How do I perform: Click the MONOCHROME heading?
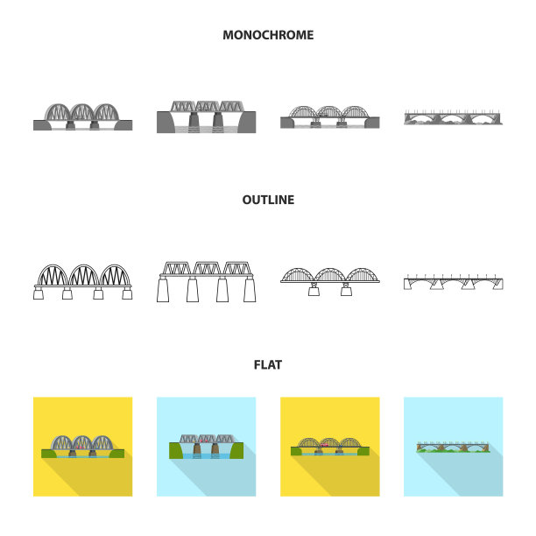click(268, 35)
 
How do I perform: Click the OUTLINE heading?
click(268, 200)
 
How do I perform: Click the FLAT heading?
click(268, 364)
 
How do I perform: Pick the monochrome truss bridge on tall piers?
click(207, 116)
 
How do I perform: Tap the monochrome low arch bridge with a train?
click(330, 117)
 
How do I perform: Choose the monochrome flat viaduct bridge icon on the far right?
click(454, 117)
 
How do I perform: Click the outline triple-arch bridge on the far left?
click(82, 280)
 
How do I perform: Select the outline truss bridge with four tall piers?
click(207, 281)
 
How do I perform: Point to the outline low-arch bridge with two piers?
click(330, 280)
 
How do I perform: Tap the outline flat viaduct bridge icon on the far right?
click(454, 282)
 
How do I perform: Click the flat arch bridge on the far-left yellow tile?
click(82, 446)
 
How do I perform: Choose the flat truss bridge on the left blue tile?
click(207, 446)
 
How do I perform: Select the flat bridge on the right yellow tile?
click(330, 446)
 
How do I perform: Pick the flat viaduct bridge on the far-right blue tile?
click(454, 447)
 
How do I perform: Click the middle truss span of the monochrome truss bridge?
click(207, 106)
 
